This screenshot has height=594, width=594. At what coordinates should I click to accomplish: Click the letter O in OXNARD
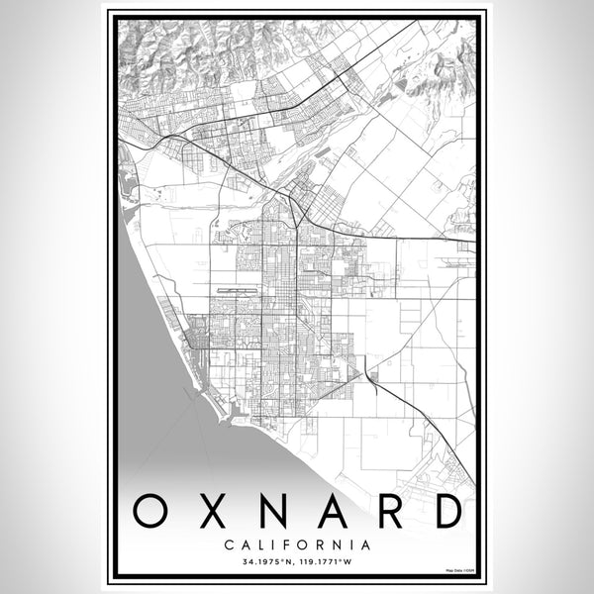pyautogui.click(x=150, y=512)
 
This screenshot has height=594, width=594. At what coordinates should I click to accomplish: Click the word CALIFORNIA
pyautogui.click(x=297, y=544)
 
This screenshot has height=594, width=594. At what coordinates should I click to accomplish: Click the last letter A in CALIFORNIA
pyautogui.click(x=366, y=544)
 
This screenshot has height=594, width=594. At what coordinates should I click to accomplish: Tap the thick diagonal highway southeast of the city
pyautogui.click(x=416, y=406)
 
